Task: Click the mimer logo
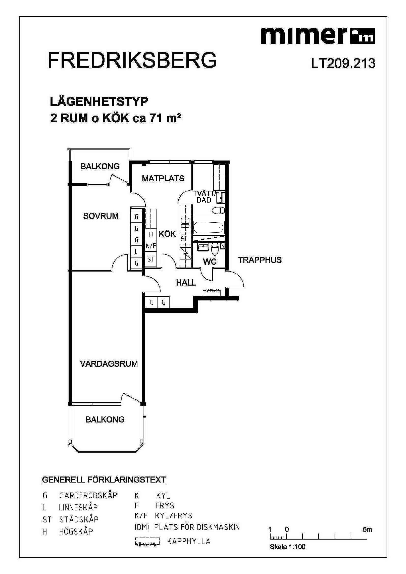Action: [318, 36]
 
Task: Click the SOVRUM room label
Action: [101, 216]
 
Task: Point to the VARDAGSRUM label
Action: [109, 363]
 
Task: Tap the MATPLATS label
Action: [163, 179]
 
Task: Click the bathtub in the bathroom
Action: [209, 227]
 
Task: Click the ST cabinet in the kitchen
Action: [151, 259]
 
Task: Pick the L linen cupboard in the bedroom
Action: [136, 252]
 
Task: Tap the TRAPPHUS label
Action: [260, 260]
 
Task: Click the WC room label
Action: [210, 262]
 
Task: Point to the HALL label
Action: [186, 283]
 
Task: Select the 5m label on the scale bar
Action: [367, 529]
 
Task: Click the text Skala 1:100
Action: [288, 547]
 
